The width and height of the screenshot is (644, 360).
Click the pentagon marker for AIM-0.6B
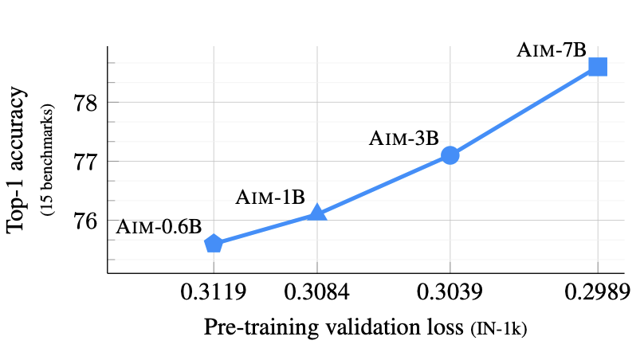click(214, 244)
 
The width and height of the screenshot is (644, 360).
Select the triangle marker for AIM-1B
click(317, 212)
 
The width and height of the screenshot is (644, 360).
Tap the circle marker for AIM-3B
click(450, 155)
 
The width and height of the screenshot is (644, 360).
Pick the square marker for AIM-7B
click(597, 67)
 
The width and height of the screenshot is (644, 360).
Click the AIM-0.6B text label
click(159, 226)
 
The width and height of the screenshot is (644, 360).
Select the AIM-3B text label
click(403, 138)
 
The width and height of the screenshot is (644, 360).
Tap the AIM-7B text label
click(552, 49)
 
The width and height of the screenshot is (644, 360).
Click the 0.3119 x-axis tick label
click(214, 292)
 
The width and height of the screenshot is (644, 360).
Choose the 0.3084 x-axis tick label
click(317, 292)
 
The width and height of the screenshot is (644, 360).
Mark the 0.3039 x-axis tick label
click(450, 292)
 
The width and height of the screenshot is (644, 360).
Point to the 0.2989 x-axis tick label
click(597, 292)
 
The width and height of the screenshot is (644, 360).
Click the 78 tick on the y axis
click(86, 103)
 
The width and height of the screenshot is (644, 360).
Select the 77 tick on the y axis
click(86, 161)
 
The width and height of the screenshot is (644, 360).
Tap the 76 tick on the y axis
click(86, 220)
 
